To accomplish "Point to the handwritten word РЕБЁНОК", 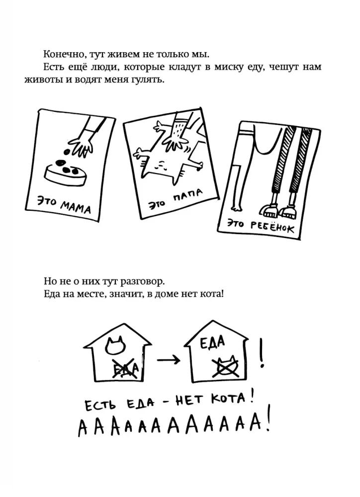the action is point(272,226).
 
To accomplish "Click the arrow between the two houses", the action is point(169,360).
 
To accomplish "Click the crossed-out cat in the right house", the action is point(226,366).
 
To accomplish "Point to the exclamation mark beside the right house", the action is point(262,352).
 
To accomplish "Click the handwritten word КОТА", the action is point(228,399).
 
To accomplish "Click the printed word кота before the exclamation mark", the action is point(211,294).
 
